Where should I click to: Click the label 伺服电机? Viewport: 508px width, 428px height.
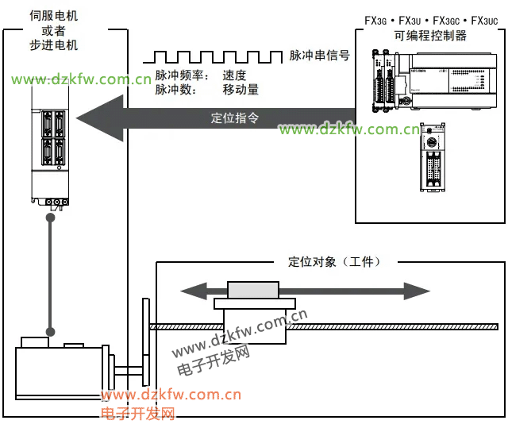54,15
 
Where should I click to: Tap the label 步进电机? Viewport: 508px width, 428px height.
54,45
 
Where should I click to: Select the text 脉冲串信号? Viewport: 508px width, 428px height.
319,56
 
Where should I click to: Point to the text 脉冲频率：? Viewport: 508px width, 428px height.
181,75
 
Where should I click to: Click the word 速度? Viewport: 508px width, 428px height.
235,75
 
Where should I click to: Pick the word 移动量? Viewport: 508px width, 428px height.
241,90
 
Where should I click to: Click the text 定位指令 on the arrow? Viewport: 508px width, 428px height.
234,118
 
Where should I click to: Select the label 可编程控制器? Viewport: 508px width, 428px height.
430,36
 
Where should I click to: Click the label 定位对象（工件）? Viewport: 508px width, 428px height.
334,261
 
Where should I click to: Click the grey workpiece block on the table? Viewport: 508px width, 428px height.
253,290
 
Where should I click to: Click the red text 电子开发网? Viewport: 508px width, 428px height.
137,414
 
